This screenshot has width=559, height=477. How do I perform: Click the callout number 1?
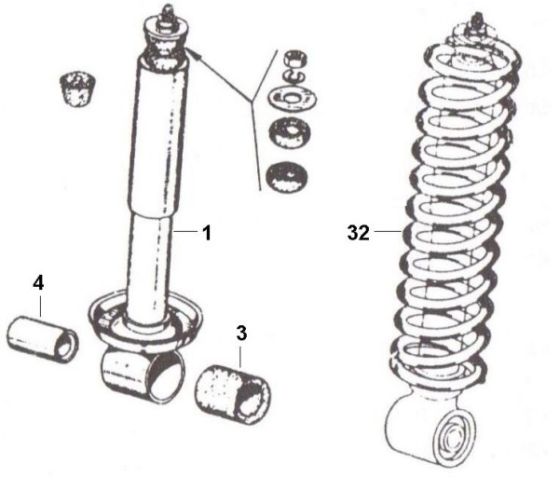[206, 231]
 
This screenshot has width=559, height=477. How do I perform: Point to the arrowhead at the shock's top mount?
[199, 58]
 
